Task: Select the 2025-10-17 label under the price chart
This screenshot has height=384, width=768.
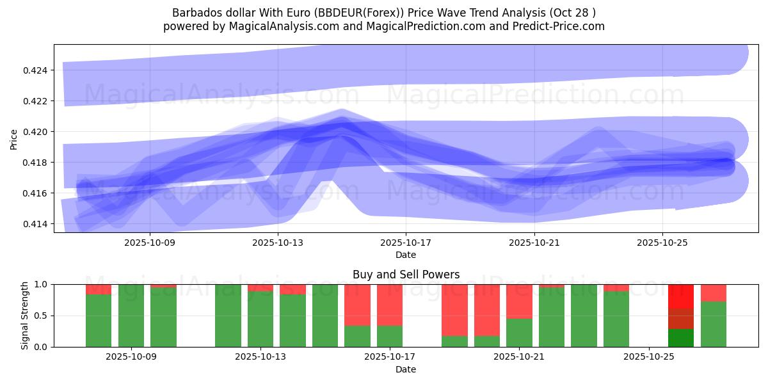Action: tap(406, 243)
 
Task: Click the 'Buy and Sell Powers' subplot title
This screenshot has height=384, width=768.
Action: tap(406, 275)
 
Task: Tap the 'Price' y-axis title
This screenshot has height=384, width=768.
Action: tap(14, 139)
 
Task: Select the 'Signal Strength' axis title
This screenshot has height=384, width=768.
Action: tap(25, 316)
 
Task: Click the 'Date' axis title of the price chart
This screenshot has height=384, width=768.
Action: tap(406, 255)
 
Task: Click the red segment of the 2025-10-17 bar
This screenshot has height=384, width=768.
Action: tap(390, 305)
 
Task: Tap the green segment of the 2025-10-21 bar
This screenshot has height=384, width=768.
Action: tap(519, 332)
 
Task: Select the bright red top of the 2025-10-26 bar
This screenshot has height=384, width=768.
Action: tap(681, 296)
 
